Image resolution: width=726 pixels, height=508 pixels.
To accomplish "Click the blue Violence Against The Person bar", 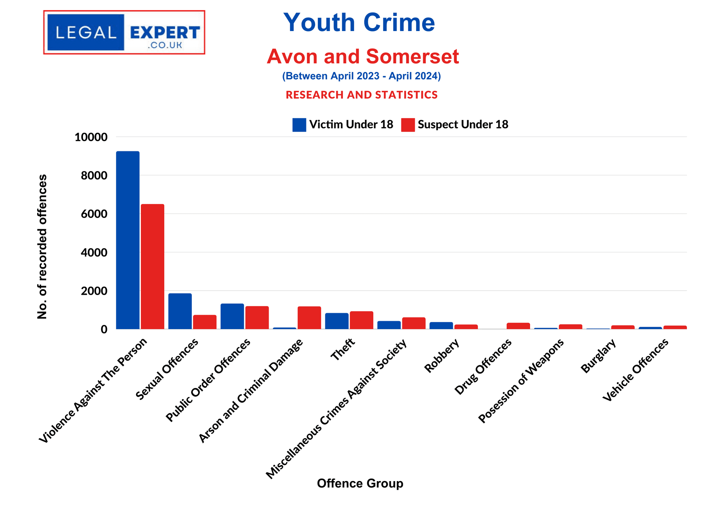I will click(x=127, y=240).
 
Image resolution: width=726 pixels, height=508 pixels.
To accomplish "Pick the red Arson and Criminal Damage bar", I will click(x=309, y=318).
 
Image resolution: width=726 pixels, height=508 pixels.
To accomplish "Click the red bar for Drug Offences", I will click(x=518, y=326).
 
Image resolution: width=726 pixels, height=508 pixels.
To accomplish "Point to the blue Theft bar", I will click(x=337, y=321).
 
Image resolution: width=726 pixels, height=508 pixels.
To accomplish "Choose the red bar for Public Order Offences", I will click(x=257, y=318).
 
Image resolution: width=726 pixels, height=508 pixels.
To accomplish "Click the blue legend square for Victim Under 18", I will click(x=299, y=125).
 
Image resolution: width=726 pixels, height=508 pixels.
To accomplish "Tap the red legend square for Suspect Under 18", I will click(x=408, y=125).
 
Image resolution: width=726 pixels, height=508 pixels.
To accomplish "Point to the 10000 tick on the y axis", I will click(x=91, y=137).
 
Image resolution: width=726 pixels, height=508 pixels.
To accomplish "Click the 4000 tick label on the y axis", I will click(x=94, y=253).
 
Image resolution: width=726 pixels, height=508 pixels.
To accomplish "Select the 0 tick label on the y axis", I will click(x=104, y=329).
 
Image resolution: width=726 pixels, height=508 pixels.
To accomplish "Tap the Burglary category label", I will click(x=598, y=356).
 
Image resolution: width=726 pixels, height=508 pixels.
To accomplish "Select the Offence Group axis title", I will click(x=360, y=483).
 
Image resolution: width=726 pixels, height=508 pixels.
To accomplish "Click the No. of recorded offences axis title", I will click(x=42, y=246).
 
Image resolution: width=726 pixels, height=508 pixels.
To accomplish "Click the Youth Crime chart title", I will click(x=359, y=22).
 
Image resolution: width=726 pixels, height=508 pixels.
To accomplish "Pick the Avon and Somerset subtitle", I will click(x=363, y=56).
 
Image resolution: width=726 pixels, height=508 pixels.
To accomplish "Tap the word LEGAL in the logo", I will click(x=86, y=33).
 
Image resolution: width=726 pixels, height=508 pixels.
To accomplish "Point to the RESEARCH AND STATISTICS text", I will click(x=362, y=95).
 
